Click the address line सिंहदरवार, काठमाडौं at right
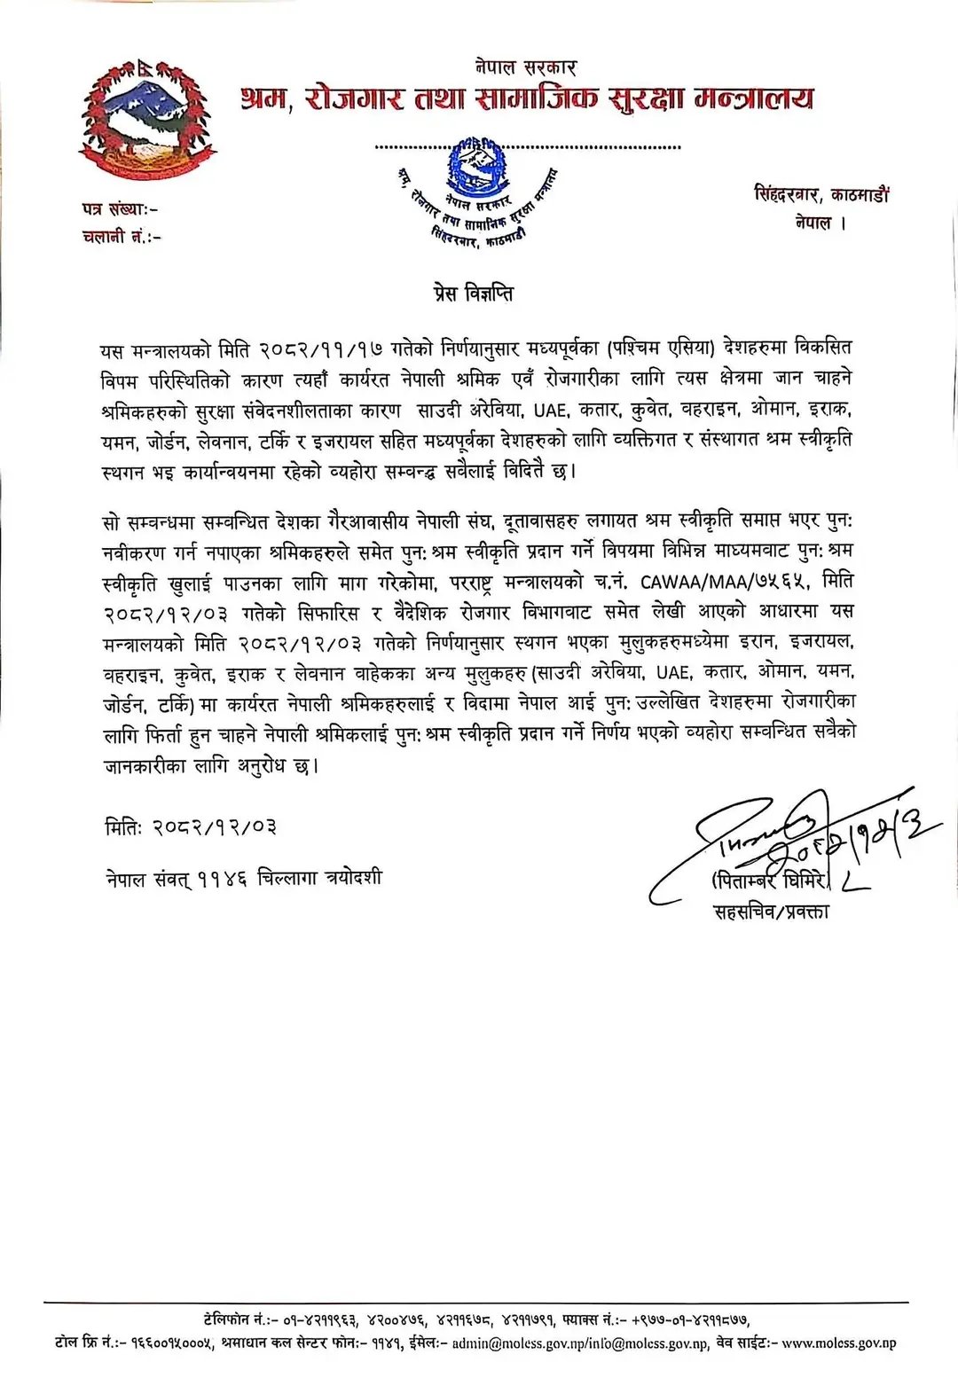pyautogui.click(x=821, y=194)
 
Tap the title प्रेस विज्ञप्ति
pyautogui.click(x=479, y=294)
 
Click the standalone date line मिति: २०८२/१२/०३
pyautogui.click(x=191, y=827)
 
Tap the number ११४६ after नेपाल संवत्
pyautogui.click(x=222, y=878)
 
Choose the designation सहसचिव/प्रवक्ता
pyautogui.click(x=771, y=911)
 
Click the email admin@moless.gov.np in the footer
pyautogui.click(x=514, y=1343)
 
